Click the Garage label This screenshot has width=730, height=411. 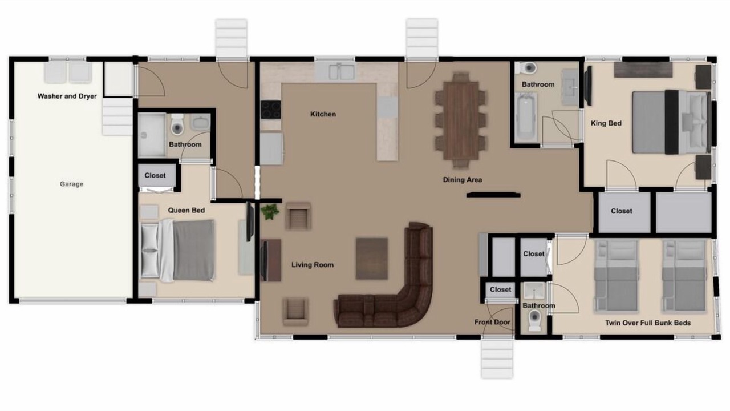tap(71, 184)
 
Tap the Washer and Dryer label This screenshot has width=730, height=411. tap(67, 96)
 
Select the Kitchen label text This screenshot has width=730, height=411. tap(323, 114)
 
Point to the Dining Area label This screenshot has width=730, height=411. tap(462, 180)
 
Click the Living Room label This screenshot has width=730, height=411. tap(312, 265)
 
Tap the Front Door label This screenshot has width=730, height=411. tap(492, 323)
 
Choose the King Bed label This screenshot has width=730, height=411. tap(606, 123)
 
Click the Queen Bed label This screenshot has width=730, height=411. tap(186, 211)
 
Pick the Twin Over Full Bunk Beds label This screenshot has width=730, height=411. tap(648, 323)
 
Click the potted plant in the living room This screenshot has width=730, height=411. tap(270, 212)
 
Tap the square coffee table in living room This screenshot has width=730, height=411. tap(371, 259)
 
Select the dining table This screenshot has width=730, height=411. tap(460, 120)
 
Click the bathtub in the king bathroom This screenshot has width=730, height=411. tap(526, 117)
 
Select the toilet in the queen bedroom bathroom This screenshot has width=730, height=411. tap(177, 124)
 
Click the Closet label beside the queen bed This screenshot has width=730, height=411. tap(155, 175)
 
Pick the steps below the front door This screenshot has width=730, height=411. tap(497, 359)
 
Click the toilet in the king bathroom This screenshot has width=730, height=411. tap(528, 68)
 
